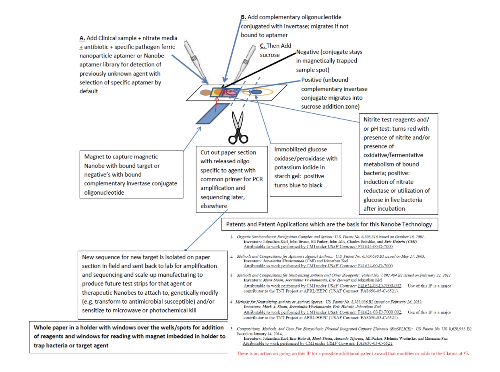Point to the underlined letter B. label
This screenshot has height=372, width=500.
click(x=244, y=17)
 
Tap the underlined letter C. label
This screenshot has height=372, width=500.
click(x=263, y=45)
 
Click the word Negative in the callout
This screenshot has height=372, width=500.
click(x=309, y=53)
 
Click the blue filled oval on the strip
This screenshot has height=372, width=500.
click(x=256, y=92)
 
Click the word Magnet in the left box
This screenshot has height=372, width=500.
click(x=95, y=156)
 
